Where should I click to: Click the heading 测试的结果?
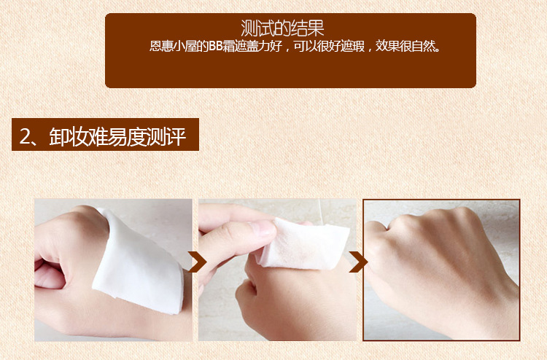tap(282, 28)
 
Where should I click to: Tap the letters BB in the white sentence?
tap(216, 47)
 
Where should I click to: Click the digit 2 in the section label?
tap(25, 136)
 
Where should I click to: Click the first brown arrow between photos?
tap(197, 262)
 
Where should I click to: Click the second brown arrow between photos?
tap(358, 262)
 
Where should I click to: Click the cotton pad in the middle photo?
tap(303, 245)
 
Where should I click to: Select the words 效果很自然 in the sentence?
tap(406, 47)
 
